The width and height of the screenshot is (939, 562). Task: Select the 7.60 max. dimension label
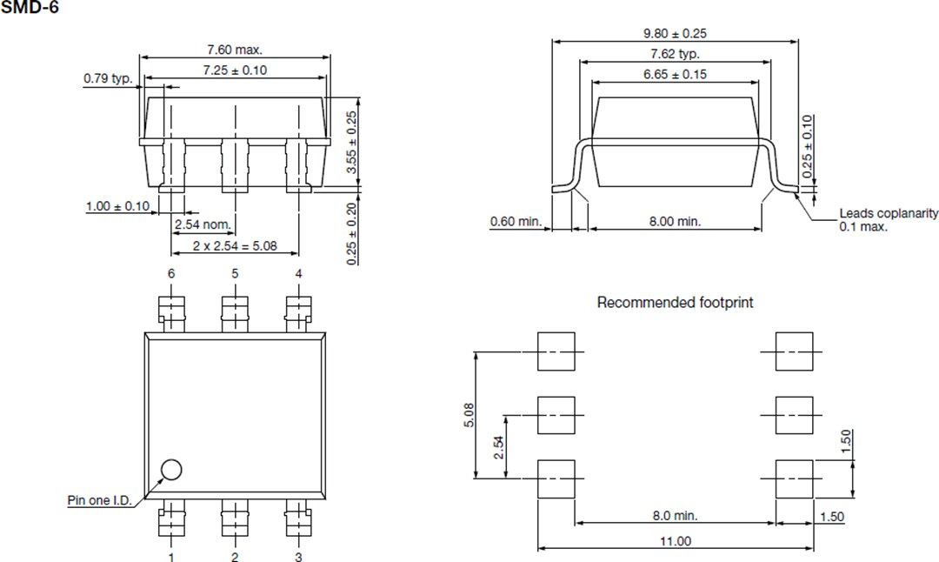pos(234,50)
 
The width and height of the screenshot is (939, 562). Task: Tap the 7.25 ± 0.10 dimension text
pos(235,70)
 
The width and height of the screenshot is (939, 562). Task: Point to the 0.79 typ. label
pos(107,79)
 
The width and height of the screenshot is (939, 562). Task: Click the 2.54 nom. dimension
pos(203,225)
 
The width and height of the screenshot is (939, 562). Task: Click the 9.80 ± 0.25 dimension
pos(675,33)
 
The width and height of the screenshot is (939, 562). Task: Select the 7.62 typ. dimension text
pos(676,54)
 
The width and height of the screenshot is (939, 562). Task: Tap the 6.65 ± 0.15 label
pos(675,75)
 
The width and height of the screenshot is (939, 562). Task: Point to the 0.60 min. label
pos(516,222)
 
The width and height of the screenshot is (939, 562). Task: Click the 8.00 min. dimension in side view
pos(675,222)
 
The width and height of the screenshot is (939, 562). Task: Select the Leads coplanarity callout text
pos(888,220)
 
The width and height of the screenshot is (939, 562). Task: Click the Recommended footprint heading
pos(675,303)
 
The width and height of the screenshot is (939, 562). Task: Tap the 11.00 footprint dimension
pos(674,541)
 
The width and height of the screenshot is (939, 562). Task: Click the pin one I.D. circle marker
pos(171,470)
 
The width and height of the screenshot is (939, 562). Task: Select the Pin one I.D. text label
pos(99,500)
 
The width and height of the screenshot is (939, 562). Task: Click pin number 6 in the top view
pos(171,274)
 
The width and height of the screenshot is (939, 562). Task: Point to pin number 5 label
pos(235,274)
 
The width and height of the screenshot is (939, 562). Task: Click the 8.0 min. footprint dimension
pos(675,516)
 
